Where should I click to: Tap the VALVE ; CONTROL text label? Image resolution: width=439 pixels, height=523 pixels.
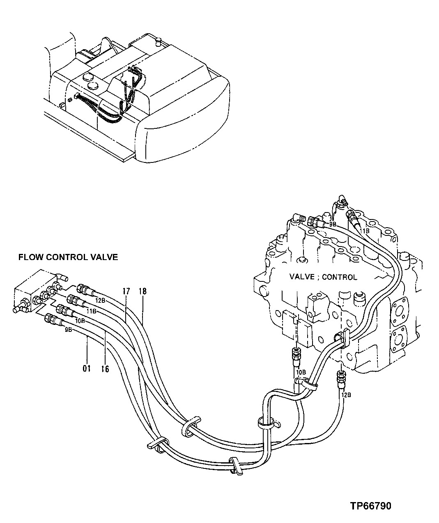click(323, 277)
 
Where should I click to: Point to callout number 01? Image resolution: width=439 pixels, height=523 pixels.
click(87, 369)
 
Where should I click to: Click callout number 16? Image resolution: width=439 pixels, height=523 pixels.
click(105, 369)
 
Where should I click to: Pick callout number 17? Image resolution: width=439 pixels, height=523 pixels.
click(126, 292)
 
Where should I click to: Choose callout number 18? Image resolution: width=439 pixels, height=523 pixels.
click(143, 292)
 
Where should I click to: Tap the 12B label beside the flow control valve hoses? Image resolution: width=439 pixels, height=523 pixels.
click(100, 301)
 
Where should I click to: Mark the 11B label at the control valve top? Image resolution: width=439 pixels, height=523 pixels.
click(365, 231)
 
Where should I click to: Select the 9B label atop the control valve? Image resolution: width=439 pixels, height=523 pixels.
click(332, 225)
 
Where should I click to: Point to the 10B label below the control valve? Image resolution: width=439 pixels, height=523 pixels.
click(301, 372)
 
